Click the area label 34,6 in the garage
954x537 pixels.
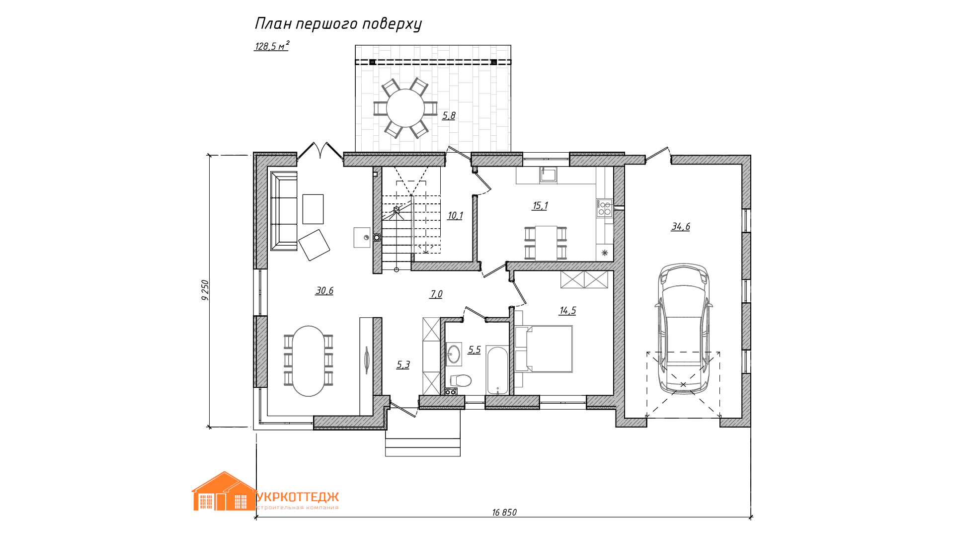[680, 227]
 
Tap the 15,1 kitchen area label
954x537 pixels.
[540, 206]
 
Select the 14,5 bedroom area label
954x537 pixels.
[567, 311]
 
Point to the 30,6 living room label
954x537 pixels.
[324, 291]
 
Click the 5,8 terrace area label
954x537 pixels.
[449, 116]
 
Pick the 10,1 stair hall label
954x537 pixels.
[455, 216]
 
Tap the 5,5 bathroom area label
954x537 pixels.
[475, 350]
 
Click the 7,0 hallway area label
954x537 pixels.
[436, 294]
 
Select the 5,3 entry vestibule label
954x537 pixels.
[403, 365]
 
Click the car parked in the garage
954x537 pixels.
[684, 329]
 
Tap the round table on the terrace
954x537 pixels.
[405, 108]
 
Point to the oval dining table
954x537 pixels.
[309, 361]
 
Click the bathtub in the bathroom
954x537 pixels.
[497, 370]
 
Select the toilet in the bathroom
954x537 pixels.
[461, 381]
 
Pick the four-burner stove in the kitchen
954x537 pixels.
[604, 208]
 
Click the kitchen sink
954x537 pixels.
[548, 175]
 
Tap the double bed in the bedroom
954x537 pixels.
[544, 349]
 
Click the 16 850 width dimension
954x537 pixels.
[504, 513]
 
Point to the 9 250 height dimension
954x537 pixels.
[205, 290]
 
